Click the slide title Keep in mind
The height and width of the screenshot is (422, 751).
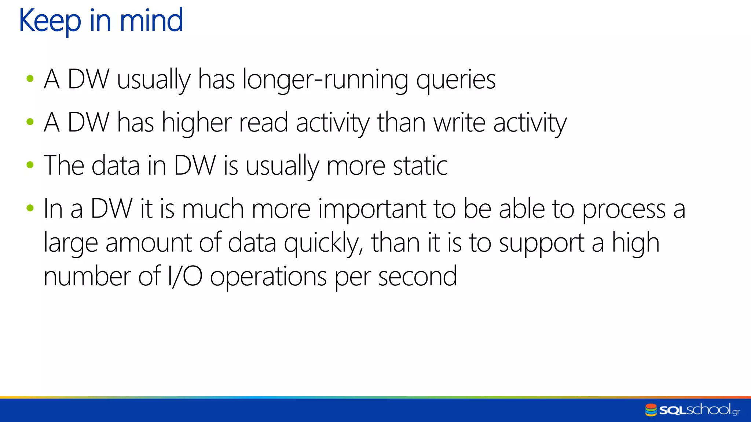pos(101,21)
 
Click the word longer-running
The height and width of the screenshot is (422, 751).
pos(325,80)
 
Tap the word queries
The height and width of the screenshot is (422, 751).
pos(455,80)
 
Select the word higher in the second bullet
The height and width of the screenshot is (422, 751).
pos(197,123)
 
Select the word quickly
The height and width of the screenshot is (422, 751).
pos(323,243)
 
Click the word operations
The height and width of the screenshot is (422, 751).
pos(268,277)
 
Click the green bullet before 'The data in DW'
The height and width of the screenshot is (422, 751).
pos(30,165)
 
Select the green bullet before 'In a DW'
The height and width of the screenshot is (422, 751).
pos(30,208)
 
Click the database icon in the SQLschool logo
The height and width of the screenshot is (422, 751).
pos(651,410)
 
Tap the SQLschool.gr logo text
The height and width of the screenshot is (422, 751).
pos(699,410)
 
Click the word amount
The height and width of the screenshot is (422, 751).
pos(149,243)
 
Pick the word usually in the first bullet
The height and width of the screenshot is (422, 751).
pos(154,80)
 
